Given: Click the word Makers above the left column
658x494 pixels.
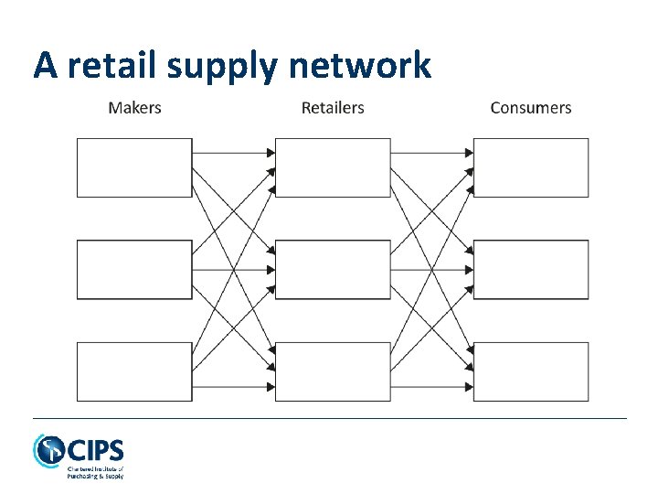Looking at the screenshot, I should (x=134, y=108).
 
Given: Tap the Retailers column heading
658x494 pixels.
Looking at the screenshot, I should (x=333, y=108).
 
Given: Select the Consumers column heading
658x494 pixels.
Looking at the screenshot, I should (x=530, y=108).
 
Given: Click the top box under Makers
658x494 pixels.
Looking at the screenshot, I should (x=134, y=167).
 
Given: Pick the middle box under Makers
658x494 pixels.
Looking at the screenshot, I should (x=134, y=270).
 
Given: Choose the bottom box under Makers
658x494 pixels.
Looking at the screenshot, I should (x=134, y=371).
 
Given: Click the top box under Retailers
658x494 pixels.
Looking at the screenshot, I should (x=333, y=167).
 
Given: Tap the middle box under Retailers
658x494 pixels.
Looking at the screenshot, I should (x=333, y=270).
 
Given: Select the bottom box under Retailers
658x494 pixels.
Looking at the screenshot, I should (x=333, y=371).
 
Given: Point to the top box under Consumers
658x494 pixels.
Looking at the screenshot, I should (x=531, y=167).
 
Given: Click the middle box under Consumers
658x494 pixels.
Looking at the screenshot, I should (x=531, y=270).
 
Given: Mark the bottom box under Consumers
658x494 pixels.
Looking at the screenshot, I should (x=531, y=371).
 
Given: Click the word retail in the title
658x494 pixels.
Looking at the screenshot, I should (x=115, y=65).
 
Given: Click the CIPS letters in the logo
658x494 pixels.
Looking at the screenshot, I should (x=96, y=450).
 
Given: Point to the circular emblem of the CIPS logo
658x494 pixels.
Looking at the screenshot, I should (x=48, y=451).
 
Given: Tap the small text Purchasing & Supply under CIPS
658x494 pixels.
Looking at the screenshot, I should (x=95, y=476).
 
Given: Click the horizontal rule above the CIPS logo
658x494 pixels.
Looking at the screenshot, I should (x=329, y=418).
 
